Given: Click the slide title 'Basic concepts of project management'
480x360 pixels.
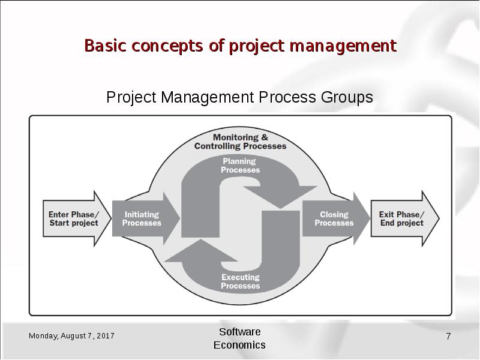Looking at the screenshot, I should [240, 46].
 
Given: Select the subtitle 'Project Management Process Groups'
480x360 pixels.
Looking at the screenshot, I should [239, 97].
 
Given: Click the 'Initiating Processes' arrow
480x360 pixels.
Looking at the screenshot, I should [144, 219].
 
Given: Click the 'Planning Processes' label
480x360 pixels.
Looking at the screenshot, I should [240, 166].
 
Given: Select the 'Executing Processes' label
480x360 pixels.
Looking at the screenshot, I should [240, 281].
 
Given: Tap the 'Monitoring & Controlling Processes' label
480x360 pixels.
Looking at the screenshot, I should [240, 142].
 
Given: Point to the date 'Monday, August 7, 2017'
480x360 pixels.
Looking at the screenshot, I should [72, 336].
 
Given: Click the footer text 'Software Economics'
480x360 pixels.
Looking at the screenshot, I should [239, 338].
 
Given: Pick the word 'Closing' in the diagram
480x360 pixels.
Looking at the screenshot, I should [334, 215].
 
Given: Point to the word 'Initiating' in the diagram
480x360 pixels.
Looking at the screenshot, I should [142, 215].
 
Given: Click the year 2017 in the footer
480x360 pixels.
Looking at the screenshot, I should [106, 336].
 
